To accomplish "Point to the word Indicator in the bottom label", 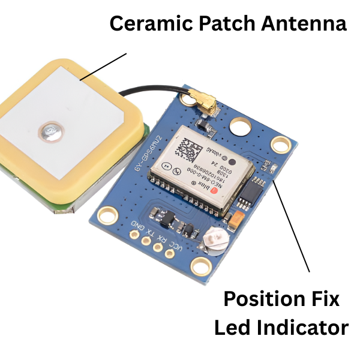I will [x=307, y=328].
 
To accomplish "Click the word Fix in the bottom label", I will [x=328, y=298].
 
